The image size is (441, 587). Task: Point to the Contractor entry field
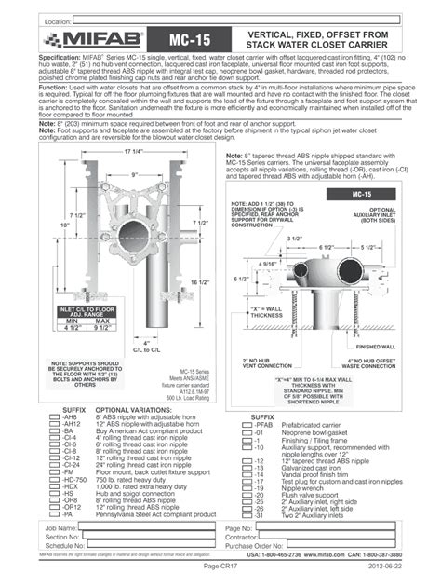335,537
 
